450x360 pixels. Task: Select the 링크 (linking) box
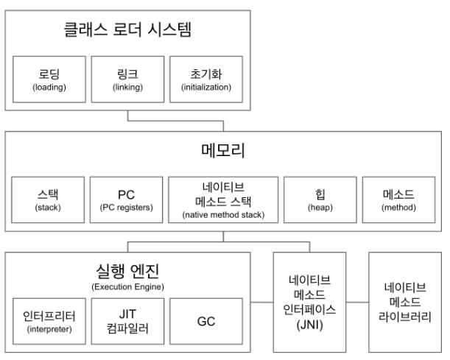pyautogui.click(x=128, y=81)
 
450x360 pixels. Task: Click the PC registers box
pyautogui.click(x=125, y=200)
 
